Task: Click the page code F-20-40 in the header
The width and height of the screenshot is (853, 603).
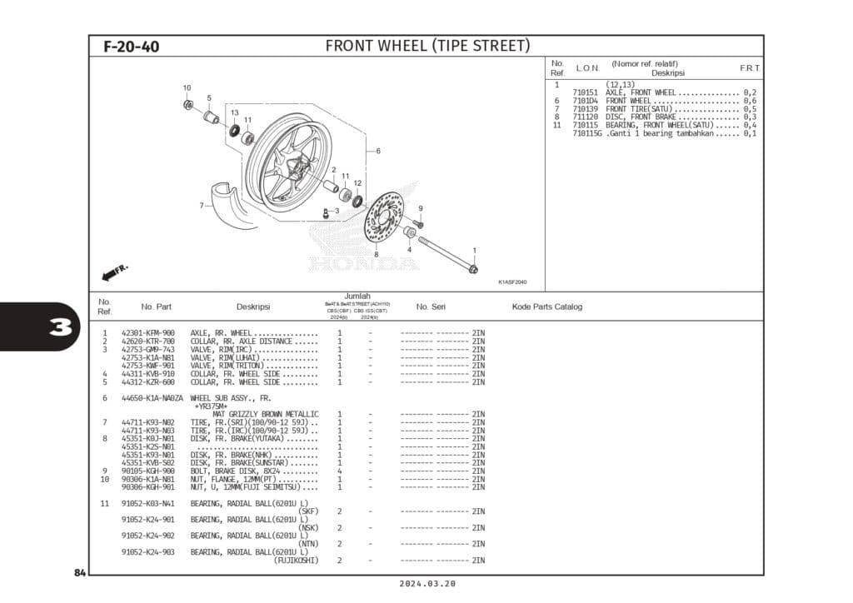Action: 131,47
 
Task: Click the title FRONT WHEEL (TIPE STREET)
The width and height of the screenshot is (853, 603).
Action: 426,46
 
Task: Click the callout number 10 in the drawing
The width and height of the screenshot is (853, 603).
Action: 187,87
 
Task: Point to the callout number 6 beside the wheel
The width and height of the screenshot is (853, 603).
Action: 378,151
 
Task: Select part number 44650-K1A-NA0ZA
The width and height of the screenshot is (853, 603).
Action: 151,398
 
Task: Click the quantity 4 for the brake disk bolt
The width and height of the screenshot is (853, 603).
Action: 339,471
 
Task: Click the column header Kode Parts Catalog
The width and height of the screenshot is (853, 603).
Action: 546,306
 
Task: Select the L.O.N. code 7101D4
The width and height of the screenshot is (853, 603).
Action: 586,101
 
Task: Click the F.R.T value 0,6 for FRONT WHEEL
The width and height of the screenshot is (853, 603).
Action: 749,101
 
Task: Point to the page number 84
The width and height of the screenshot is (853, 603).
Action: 80,573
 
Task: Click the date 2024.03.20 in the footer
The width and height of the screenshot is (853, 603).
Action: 426,584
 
